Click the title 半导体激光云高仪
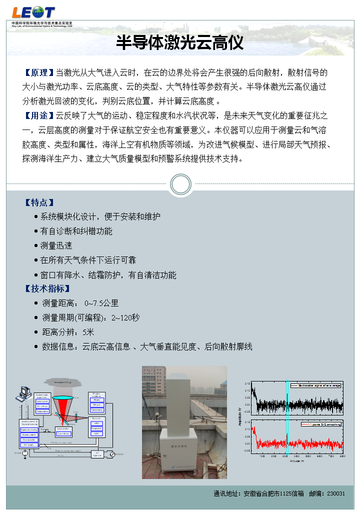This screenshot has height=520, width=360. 180,43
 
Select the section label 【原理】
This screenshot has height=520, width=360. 39,73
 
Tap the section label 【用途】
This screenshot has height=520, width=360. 39,116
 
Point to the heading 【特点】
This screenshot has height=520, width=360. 39,202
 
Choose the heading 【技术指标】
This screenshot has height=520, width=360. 47,289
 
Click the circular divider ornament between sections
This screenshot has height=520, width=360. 180,184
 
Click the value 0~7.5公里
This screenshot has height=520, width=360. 101,303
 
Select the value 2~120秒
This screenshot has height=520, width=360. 125,317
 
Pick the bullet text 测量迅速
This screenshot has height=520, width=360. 56,245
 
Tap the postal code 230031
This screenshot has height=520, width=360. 336,493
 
